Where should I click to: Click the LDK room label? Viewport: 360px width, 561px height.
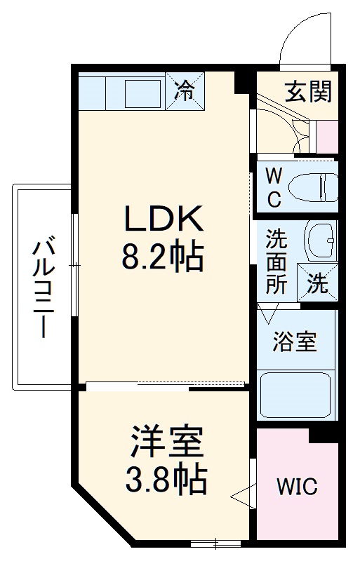[164, 219]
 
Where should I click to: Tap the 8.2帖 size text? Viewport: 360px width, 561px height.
[164, 257]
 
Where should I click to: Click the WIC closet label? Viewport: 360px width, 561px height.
[296, 485]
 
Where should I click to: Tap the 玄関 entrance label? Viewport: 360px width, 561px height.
[308, 91]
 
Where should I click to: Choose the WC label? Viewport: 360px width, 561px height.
[274, 186]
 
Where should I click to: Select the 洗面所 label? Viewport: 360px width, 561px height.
[276, 261]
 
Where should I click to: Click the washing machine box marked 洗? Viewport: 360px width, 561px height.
[317, 284]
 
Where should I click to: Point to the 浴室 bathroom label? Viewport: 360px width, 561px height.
[296, 342]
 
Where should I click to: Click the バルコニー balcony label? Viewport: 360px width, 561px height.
[43, 288]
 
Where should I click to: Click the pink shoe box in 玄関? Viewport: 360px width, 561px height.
[327, 136]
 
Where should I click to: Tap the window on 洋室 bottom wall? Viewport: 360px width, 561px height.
[215, 542]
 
